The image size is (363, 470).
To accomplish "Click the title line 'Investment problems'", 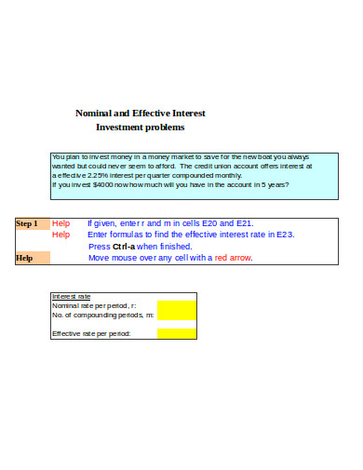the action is [x=141, y=127].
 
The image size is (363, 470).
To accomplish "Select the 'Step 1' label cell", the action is [x=27, y=223].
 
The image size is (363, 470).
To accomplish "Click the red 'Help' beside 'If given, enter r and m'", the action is [x=60, y=223].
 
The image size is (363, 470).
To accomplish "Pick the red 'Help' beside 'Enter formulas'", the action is [x=60, y=235].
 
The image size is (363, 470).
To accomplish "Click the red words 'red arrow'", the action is [x=233, y=258].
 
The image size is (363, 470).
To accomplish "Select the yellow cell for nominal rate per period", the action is [x=177, y=305].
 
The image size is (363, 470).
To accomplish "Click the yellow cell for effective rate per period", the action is [x=177, y=332].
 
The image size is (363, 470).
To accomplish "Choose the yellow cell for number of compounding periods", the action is [x=177, y=315].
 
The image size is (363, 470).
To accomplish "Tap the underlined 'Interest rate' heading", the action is [x=70, y=296].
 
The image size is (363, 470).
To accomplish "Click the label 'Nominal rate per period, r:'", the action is [x=94, y=305].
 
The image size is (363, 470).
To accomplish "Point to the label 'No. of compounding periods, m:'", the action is [x=102, y=315].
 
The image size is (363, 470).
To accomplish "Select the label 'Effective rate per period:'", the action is [x=91, y=332].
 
